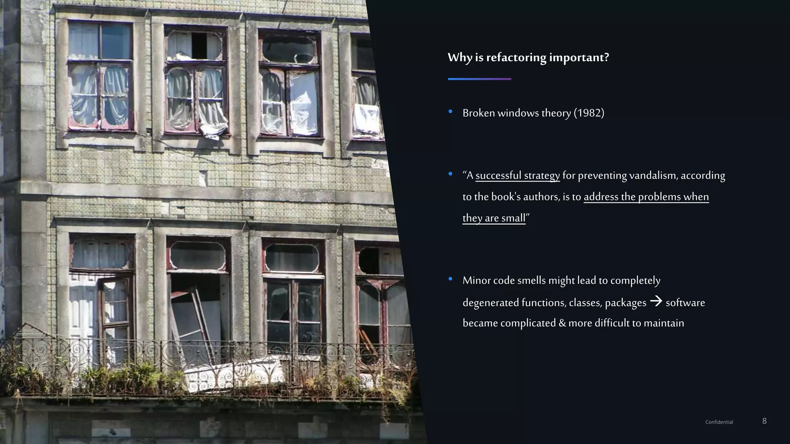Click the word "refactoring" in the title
pyautogui.click(x=516, y=57)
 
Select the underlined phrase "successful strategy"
pyautogui.click(x=517, y=175)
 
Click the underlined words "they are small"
pyautogui.click(x=494, y=218)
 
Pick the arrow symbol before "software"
pyautogui.click(x=656, y=301)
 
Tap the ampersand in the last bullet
pyautogui.click(x=562, y=323)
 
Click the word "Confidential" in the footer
pyautogui.click(x=719, y=422)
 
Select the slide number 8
pyautogui.click(x=764, y=421)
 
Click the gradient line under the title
pyautogui.click(x=479, y=79)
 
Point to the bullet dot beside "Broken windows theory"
pyautogui.click(x=451, y=112)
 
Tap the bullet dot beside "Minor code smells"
pyautogui.click(x=451, y=279)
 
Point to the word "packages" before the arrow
pyautogui.click(x=625, y=303)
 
